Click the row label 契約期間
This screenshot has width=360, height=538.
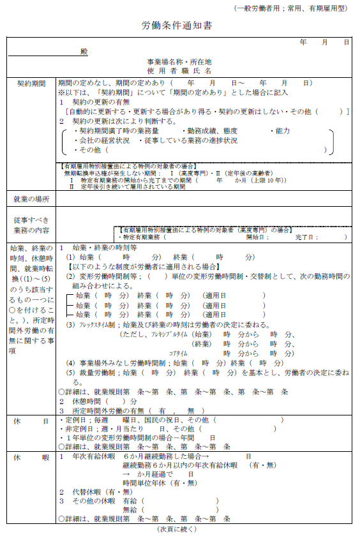[x=31, y=83]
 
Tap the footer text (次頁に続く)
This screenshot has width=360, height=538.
[x=177, y=530]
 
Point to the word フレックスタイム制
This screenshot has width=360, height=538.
[x=95, y=325]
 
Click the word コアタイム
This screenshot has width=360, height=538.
[x=179, y=353]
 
